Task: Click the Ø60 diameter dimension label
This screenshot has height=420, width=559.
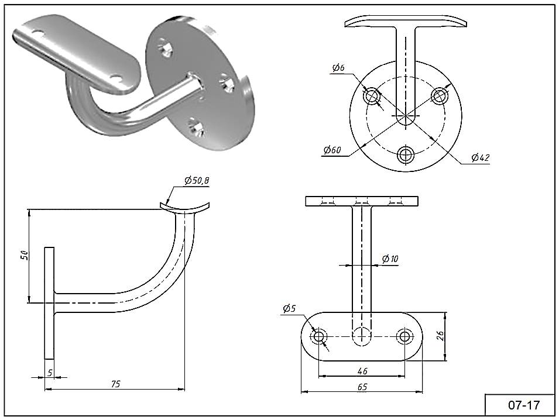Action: (x=332, y=150)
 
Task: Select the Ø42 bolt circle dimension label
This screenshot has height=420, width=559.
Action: (x=480, y=157)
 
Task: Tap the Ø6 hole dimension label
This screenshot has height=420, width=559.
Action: (x=338, y=68)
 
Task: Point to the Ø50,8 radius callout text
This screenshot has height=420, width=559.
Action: (x=196, y=181)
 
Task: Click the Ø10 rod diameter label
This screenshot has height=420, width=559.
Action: (x=390, y=259)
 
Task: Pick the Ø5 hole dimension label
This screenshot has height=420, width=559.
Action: (x=289, y=308)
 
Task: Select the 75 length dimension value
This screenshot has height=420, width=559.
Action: (x=115, y=384)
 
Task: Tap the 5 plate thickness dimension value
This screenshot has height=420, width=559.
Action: (x=50, y=372)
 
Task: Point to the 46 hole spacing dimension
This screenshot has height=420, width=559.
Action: (x=362, y=371)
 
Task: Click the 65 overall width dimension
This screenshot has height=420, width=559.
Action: (x=362, y=387)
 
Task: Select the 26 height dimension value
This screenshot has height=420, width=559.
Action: (x=441, y=336)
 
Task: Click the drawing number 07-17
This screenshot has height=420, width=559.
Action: (x=523, y=405)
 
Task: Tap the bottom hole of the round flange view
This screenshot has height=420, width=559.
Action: (x=406, y=155)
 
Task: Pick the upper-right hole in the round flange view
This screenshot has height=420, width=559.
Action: (x=440, y=95)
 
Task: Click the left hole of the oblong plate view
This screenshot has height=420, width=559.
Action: (x=320, y=336)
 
